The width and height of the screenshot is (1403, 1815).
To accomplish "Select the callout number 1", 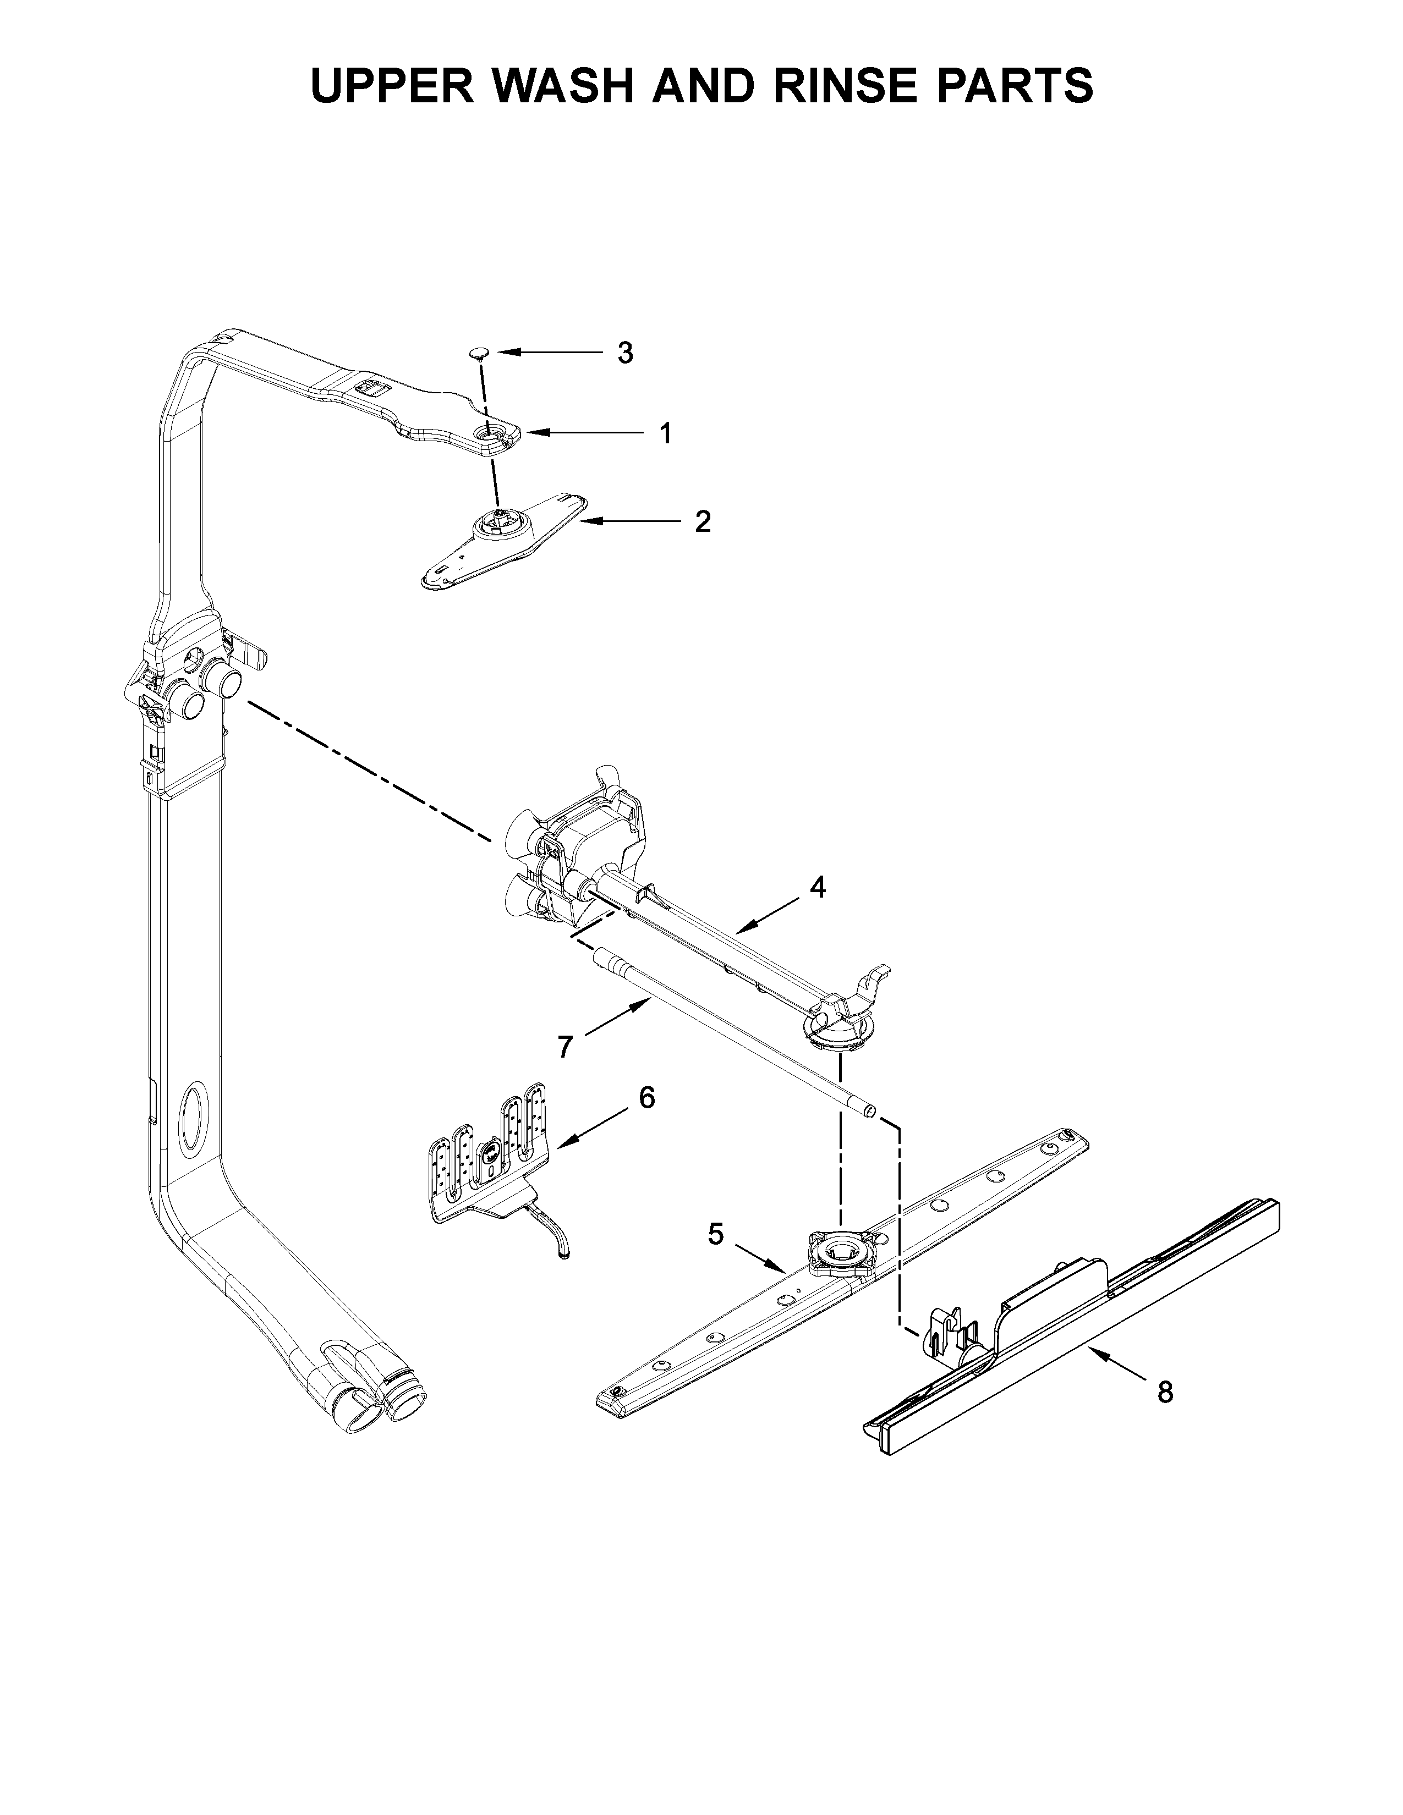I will pos(665,433).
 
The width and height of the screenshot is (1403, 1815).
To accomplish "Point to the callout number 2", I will pos(703,522).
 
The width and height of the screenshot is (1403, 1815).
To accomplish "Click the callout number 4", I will pos(818,888).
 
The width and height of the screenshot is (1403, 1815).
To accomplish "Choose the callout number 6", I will pos(646,1098).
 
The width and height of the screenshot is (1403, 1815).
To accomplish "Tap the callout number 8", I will pos(1165,1391).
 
